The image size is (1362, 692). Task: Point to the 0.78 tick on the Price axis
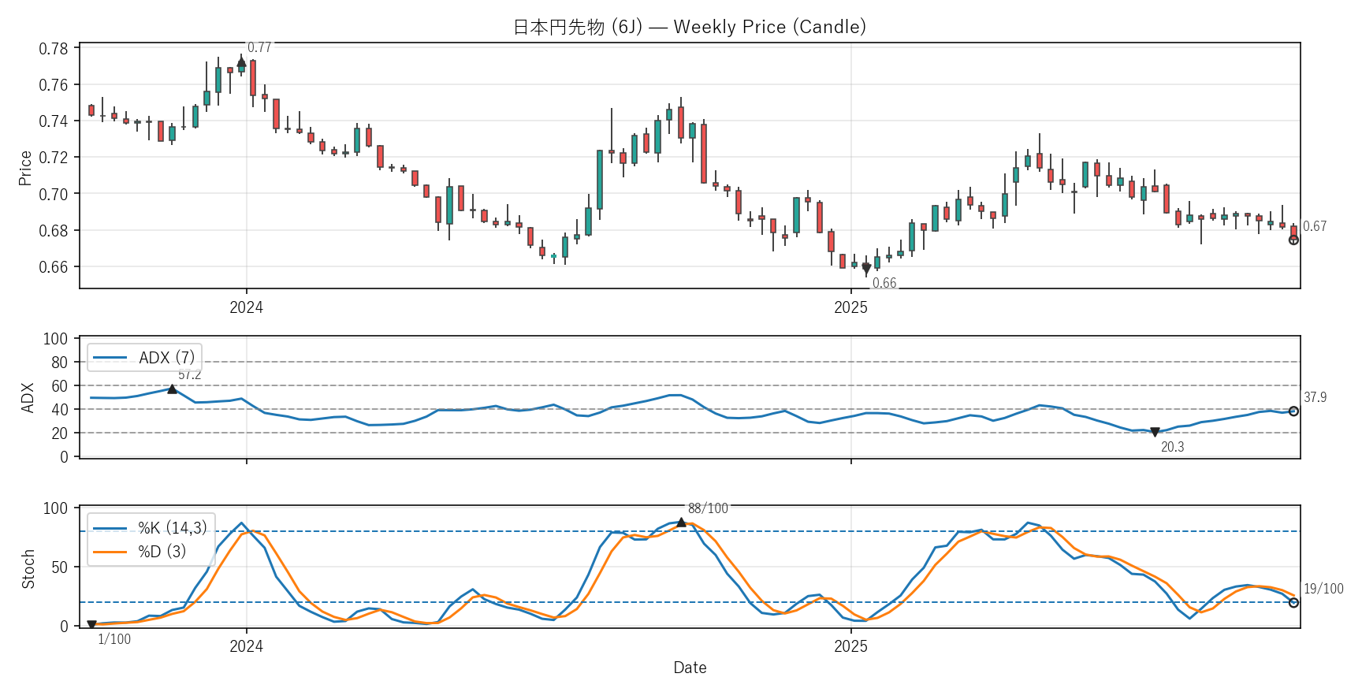coord(54,49)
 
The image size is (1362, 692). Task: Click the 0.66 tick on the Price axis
coord(54,267)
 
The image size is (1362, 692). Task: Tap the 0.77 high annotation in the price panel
coord(259,47)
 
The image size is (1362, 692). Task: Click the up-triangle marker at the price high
coord(241,61)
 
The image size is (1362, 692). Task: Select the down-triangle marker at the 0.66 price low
coord(866,269)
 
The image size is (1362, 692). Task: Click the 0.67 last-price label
coord(1315,226)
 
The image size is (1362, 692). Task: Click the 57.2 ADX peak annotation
coord(189,375)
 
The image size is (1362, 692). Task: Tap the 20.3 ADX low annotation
coord(1172,447)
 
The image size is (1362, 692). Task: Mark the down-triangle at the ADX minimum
coord(1155,432)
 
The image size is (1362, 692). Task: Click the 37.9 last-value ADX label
coord(1315,397)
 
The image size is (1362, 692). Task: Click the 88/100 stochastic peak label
coord(708,508)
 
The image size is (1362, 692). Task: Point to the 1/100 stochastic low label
coord(114,639)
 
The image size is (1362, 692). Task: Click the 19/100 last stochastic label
coord(1323,589)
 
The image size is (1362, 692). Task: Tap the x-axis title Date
coord(690,668)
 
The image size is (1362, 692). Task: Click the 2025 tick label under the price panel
coord(850,308)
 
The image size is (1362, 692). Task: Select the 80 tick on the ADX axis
coord(59,363)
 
